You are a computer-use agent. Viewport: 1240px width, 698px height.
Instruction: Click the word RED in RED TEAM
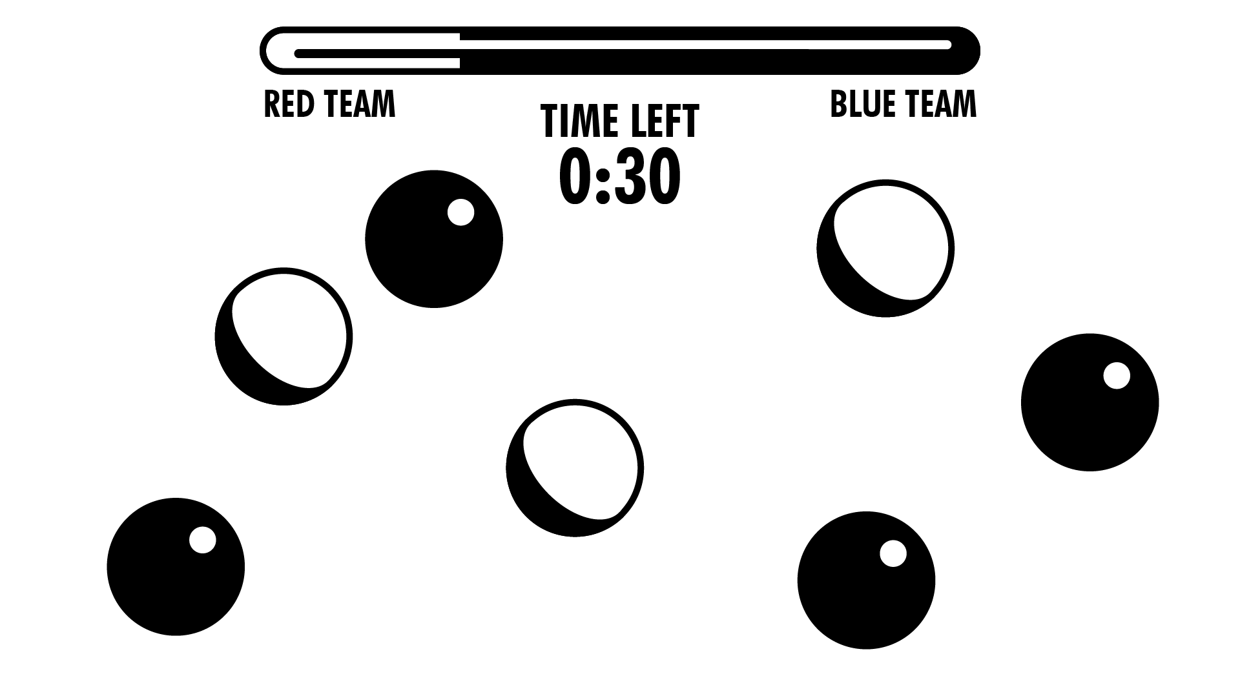(x=289, y=105)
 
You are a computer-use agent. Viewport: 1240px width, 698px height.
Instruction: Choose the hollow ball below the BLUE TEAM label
(x=885, y=249)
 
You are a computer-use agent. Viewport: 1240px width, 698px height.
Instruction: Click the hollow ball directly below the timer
(x=575, y=467)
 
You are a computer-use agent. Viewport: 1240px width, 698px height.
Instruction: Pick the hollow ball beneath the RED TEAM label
(x=284, y=336)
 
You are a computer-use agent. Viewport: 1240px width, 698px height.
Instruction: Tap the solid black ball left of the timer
(x=433, y=239)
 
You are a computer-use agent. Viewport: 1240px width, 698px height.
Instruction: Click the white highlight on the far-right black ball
(x=1116, y=376)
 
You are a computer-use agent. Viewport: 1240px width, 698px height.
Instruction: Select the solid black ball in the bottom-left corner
(x=176, y=567)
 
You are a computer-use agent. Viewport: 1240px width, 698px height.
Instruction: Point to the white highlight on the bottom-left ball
(x=202, y=540)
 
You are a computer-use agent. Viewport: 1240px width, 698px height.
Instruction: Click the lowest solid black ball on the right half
(x=866, y=580)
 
